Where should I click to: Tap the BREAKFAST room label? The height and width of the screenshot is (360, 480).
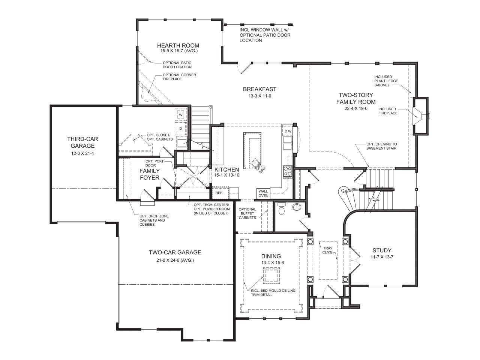click(x=259, y=89)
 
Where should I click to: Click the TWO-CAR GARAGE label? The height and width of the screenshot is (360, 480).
click(x=175, y=252)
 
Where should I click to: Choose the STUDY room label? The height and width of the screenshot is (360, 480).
click(x=382, y=250)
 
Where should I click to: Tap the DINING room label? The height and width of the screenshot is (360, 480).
click(x=272, y=256)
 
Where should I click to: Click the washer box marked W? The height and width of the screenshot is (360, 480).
click(x=180, y=114)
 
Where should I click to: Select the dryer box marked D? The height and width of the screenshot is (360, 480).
click(x=180, y=129)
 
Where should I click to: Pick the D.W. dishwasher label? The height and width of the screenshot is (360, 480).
click(x=288, y=131)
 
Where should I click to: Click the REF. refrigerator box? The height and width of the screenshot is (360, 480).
click(x=219, y=193)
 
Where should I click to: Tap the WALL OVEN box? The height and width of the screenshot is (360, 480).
click(x=263, y=193)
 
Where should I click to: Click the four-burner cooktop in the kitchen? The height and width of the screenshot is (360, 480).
click(x=288, y=171)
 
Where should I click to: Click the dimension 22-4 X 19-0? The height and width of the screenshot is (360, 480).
click(x=356, y=109)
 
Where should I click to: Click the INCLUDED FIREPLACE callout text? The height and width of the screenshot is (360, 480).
click(x=388, y=111)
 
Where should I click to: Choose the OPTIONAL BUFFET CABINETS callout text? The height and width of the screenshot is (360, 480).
click(x=247, y=213)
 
